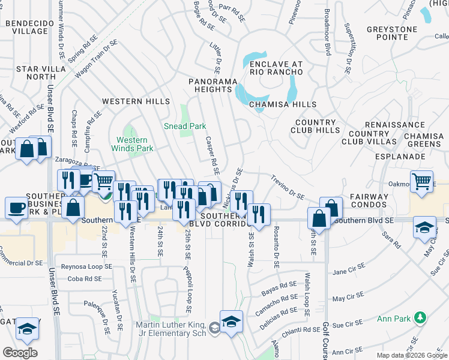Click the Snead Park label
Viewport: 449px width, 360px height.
tap(185, 126)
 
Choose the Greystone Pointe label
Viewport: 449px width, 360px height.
tap(392, 32)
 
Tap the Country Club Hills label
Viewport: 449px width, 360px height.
tap(318, 126)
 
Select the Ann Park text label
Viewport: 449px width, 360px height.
tap(393, 318)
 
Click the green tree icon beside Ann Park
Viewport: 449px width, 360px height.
tap(421, 317)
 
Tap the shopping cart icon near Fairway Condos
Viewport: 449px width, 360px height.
tap(422, 180)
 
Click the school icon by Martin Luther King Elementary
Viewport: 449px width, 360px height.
tap(231, 321)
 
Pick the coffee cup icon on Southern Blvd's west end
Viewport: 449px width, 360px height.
tap(16, 208)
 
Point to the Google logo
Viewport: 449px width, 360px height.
tap(20, 352)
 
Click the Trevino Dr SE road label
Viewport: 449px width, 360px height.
tap(288, 188)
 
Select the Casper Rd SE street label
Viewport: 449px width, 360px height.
tap(211, 151)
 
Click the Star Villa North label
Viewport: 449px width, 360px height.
tap(37, 73)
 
